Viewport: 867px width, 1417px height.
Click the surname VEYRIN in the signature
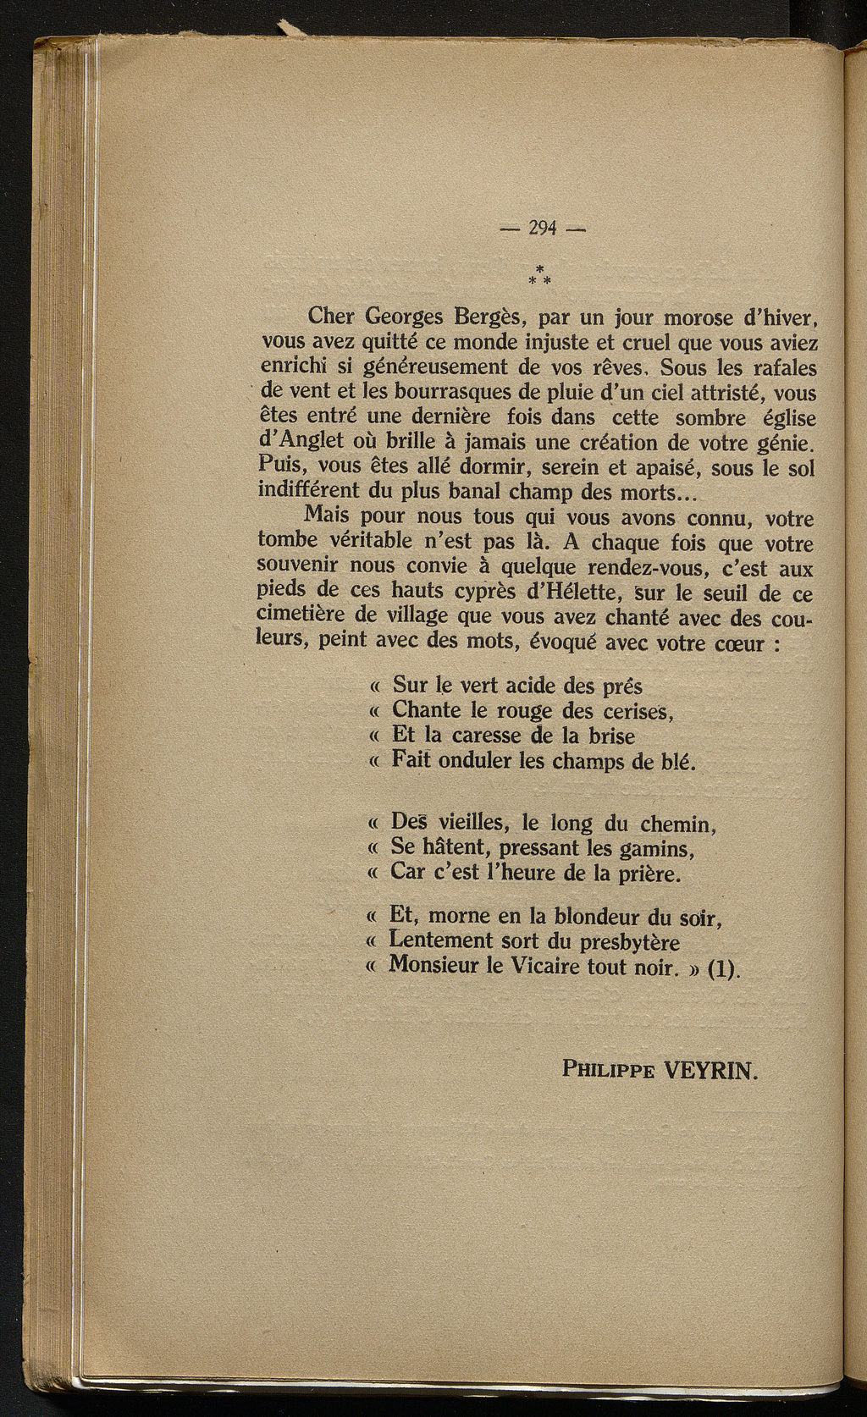pyautogui.click(x=710, y=1069)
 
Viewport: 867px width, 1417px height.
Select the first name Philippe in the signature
pyautogui.click(x=607, y=1070)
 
